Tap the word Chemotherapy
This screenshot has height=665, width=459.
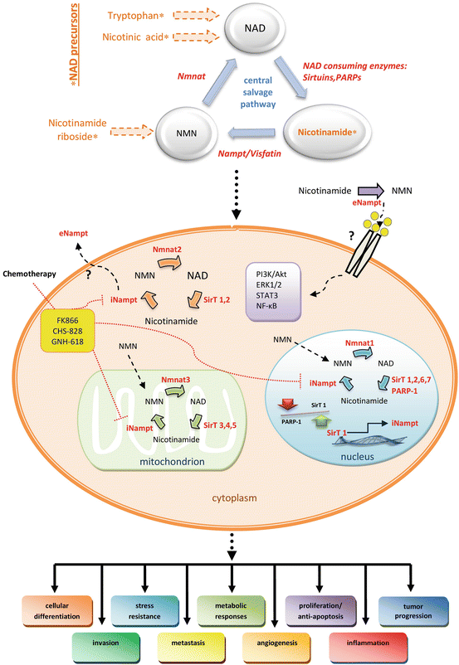[32, 271]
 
